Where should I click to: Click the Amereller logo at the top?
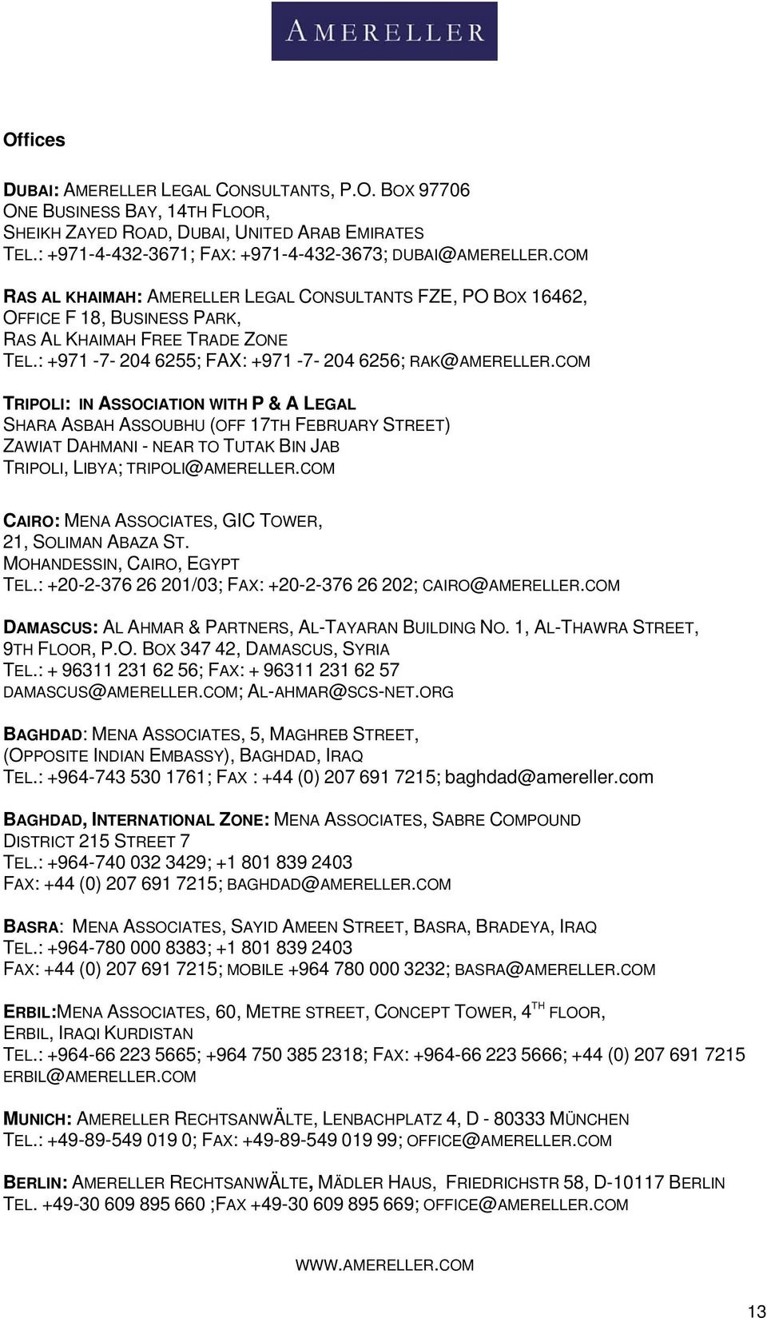tap(384, 31)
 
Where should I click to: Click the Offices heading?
tap(34, 140)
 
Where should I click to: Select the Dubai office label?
tap(30, 190)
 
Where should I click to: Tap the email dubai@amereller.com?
tap(491, 254)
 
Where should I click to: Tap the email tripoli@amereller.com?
tap(232, 468)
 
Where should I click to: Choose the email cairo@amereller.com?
tap(521, 585)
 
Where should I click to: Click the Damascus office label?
tap(51, 627)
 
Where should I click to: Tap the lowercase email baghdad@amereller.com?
tap(549, 777)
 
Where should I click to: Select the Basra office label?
tap(32, 926)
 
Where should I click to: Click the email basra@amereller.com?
tap(555, 970)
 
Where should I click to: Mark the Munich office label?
tap(38, 1119)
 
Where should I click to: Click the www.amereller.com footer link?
tap(384, 1265)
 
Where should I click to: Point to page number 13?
tap(756, 1311)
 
